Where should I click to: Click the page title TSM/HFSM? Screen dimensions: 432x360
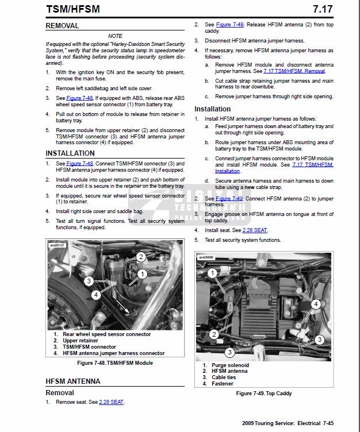coord(74,9)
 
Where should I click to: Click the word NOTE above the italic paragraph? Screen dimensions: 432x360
coord(115,36)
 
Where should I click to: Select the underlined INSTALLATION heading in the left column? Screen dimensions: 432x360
coord(70,153)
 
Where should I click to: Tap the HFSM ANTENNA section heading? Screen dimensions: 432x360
coord(73,381)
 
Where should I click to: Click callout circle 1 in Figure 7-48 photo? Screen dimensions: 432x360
coord(141,275)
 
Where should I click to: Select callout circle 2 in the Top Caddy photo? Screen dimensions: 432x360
coord(213,334)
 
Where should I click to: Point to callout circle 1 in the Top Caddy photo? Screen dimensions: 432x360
coord(212,273)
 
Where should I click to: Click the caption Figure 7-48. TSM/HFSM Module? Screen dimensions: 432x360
coord(115,363)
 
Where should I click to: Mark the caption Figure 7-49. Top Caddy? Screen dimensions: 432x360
coord(264,394)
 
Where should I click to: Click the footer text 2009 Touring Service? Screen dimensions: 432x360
coord(269,423)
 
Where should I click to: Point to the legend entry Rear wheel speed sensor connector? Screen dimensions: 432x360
coord(106,334)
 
